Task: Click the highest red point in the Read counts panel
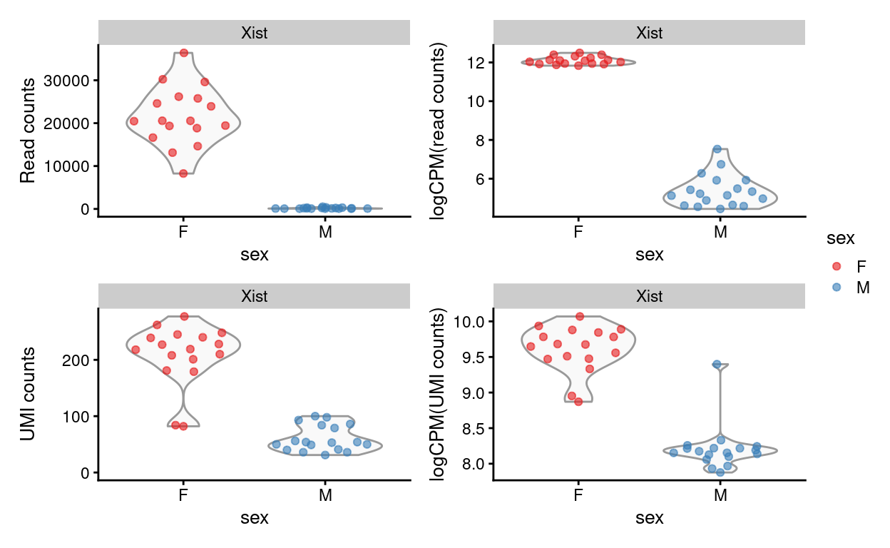click(x=184, y=53)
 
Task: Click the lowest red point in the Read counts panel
click(x=183, y=173)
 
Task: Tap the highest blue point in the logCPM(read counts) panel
click(x=717, y=149)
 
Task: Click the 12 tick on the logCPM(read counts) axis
click(x=476, y=63)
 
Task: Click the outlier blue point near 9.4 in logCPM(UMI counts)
click(x=717, y=364)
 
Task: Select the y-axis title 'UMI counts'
click(x=27, y=394)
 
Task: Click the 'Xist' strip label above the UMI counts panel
click(x=254, y=296)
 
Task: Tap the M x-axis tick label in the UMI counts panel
click(x=325, y=494)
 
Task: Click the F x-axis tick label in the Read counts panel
click(x=183, y=230)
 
